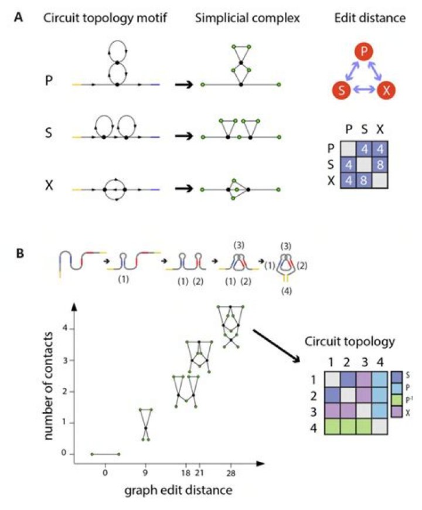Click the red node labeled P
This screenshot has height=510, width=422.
[x=364, y=51]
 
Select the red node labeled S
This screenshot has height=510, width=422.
[x=341, y=90]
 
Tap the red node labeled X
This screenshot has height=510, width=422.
[x=386, y=90]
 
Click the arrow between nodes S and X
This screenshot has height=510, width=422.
[x=364, y=90]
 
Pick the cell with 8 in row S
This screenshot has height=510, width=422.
[x=380, y=165]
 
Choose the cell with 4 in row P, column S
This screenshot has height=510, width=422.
[x=364, y=149]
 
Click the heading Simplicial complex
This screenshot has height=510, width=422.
[x=247, y=18]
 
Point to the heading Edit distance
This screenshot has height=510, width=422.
[x=370, y=18]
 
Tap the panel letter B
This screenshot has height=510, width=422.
[x=20, y=253]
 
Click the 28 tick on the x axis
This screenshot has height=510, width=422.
[x=230, y=473]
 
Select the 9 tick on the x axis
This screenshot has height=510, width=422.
[x=145, y=473]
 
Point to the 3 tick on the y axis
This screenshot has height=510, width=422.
[x=64, y=360]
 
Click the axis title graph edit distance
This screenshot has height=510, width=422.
[x=178, y=490]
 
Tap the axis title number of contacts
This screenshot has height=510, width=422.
[x=49, y=386]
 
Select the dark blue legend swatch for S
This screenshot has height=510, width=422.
[x=397, y=376]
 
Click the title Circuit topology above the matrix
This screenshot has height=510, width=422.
[x=350, y=342]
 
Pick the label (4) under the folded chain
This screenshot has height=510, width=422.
[x=286, y=291]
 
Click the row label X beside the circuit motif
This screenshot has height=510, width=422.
[x=49, y=186]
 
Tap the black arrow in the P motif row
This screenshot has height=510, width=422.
[x=184, y=85]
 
